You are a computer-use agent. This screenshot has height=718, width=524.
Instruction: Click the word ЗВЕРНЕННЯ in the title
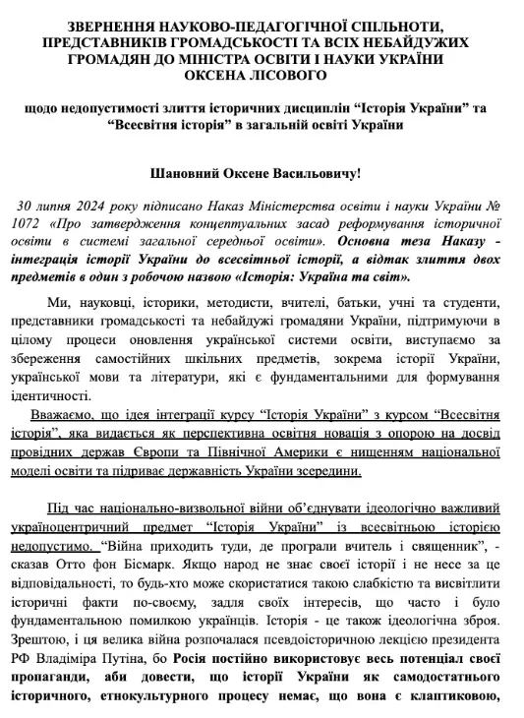coord(115,26)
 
